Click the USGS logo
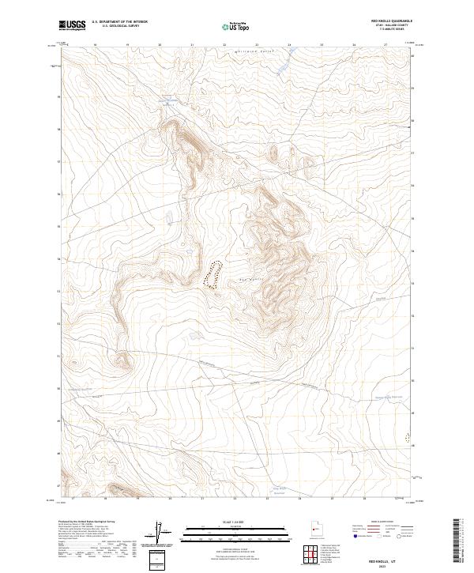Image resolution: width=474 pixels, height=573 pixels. coord(72,25)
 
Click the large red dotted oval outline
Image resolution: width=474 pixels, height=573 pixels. coord(213,275)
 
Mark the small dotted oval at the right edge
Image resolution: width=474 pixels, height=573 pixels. coord(408,435)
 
